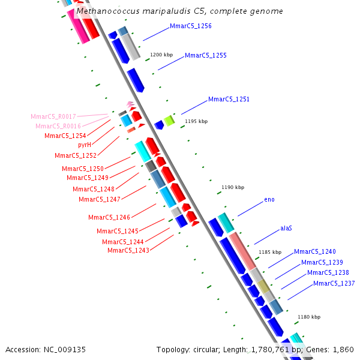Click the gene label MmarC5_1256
(190, 26)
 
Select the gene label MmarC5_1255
(205, 55)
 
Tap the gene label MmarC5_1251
(229, 99)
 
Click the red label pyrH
(85, 145)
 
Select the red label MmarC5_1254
(65, 136)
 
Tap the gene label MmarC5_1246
(109, 217)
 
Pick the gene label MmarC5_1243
(128, 250)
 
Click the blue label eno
(269, 199)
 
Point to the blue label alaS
(286, 229)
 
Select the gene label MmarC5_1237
(334, 283)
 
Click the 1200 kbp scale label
(161, 55)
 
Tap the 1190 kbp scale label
(233, 188)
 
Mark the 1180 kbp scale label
(309, 317)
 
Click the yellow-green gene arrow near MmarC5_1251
(170, 121)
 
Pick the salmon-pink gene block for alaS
(243, 250)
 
